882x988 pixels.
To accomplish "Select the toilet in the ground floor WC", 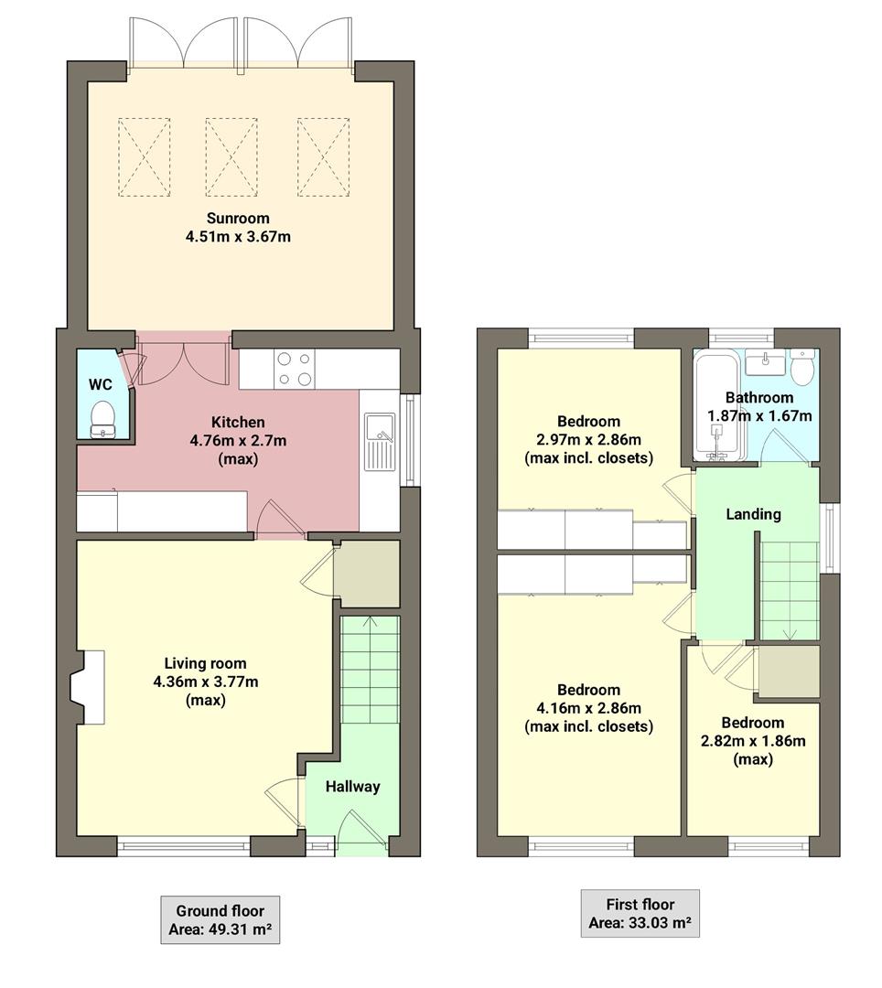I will pyautogui.click(x=103, y=418).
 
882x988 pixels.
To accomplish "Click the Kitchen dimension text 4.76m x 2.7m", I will pyautogui.click(x=238, y=440).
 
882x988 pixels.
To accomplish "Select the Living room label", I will pyautogui.click(x=205, y=663).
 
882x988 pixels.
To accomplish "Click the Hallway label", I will pyautogui.click(x=352, y=787).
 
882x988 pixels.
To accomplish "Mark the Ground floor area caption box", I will pyautogui.click(x=220, y=920).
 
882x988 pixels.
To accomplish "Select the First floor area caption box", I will pyautogui.click(x=640, y=913).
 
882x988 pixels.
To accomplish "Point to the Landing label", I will pyautogui.click(x=753, y=514).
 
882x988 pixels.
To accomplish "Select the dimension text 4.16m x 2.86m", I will pyautogui.click(x=588, y=708).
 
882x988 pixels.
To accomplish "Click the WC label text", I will pyautogui.click(x=101, y=385).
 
